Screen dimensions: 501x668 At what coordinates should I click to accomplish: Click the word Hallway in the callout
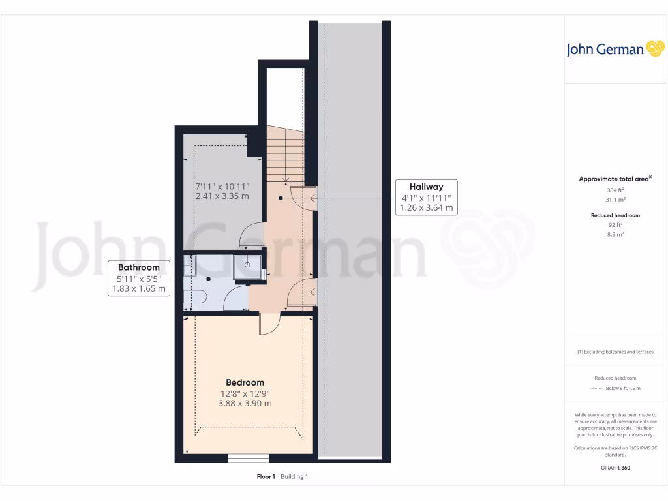[x=426, y=187]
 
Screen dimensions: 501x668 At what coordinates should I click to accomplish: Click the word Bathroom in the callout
[x=138, y=267]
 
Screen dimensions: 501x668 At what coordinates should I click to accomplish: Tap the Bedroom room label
[x=245, y=382]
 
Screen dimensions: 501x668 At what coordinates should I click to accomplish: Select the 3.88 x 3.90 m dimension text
[x=245, y=404]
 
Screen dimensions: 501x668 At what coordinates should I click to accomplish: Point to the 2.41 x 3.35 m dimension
[x=222, y=196]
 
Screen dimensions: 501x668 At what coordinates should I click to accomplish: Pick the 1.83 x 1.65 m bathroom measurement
[x=138, y=288]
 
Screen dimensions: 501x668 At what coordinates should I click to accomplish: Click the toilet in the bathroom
[x=196, y=298]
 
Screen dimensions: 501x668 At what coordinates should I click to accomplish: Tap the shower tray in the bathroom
[x=249, y=266]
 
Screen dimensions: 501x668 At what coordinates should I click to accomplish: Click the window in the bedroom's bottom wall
[x=248, y=458]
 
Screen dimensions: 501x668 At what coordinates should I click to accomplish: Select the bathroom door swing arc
[x=234, y=299]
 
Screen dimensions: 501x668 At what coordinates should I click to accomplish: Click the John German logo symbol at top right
[x=654, y=49]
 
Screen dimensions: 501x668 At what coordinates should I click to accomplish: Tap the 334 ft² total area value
[x=615, y=190]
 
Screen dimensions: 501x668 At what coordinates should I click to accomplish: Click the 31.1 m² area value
[x=615, y=200]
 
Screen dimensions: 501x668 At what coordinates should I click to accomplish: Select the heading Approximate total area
[x=614, y=179]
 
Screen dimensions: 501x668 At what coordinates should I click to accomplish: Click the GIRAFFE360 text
[x=615, y=468]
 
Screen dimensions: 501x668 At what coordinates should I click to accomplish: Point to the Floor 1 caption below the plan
[x=266, y=477]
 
